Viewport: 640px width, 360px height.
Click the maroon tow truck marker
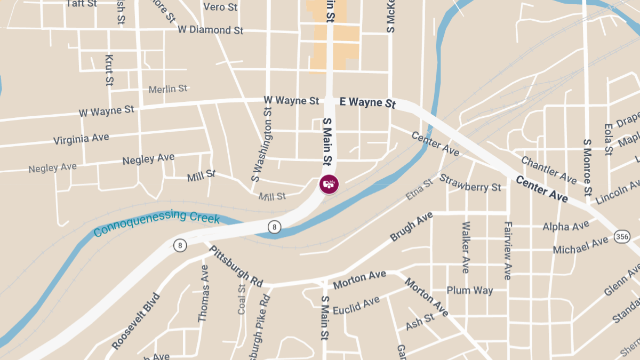(329, 184)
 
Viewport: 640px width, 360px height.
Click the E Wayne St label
(367, 102)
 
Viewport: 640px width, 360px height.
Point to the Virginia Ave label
(81, 139)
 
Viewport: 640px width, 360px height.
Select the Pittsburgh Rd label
(236, 265)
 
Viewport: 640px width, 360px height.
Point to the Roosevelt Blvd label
(136, 321)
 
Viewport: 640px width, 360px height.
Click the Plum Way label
(469, 291)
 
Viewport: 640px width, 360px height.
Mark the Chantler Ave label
(549, 170)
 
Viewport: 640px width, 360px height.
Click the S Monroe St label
(588, 167)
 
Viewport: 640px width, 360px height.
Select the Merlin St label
(168, 89)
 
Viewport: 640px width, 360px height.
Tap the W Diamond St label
(211, 30)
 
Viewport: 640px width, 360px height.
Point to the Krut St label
(109, 70)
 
